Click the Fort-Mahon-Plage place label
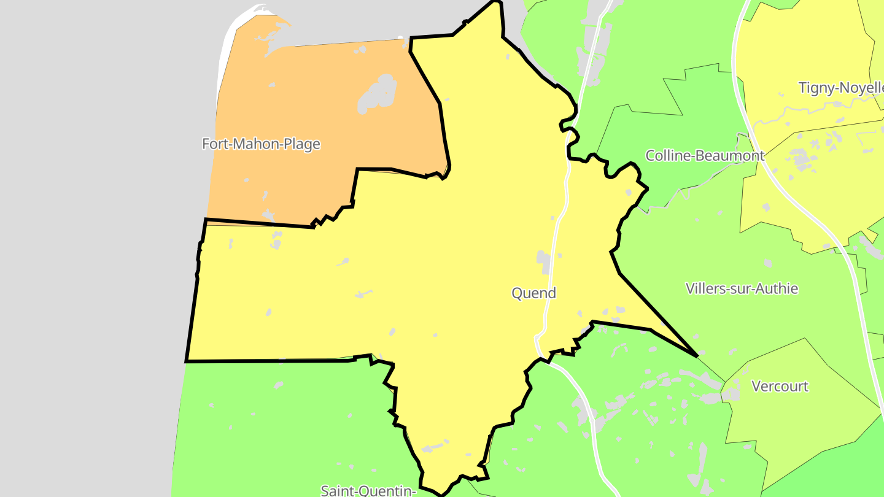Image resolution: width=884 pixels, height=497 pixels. (x=261, y=144)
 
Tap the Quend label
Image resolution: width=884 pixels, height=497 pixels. (x=533, y=293)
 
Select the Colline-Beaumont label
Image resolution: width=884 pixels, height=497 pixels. (x=705, y=156)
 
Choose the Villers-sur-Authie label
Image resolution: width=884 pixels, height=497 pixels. (x=742, y=288)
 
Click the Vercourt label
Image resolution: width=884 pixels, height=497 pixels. (x=780, y=387)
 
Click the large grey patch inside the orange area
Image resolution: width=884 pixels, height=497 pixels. (x=378, y=95)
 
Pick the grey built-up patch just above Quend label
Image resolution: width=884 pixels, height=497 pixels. (x=543, y=261)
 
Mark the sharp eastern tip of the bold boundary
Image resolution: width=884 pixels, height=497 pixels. (x=697, y=356)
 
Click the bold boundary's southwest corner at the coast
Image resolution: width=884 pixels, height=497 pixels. (x=187, y=361)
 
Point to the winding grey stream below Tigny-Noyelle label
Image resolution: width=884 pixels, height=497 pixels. (x=798, y=110)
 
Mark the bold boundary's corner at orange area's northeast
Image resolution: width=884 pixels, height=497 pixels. (x=411, y=38)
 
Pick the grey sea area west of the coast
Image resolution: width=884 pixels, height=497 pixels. (x=92, y=245)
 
